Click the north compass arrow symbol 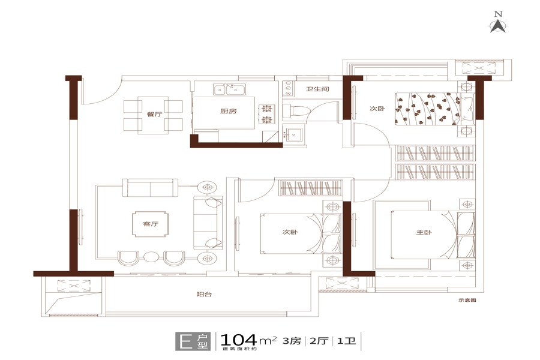(x=498, y=26)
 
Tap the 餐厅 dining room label (x=154, y=114)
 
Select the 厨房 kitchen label (x=229, y=111)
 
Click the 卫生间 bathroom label (x=317, y=89)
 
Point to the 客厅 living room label (x=151, y=224)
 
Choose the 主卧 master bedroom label (x=424, y=232)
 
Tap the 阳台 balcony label (x=204, y=294)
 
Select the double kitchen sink (x=229, y=89)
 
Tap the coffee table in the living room (x=151, y=224)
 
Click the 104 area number (x=238, y=340)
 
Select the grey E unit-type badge (x=192, y=341)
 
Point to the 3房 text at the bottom (x=292, y=341)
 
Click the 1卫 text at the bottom (x=346, y=341)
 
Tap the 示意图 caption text (x=467, y=300)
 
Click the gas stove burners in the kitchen (x=267, y=114)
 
